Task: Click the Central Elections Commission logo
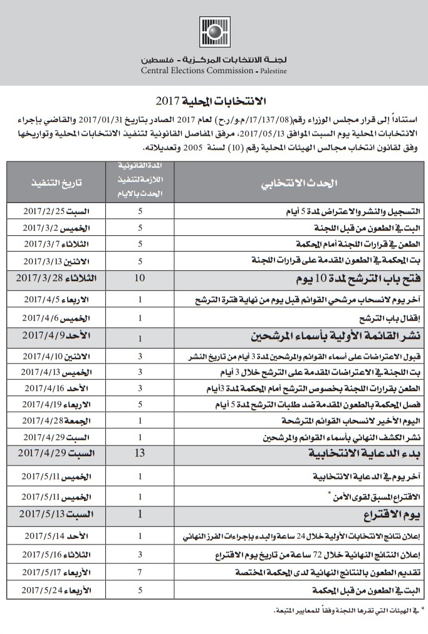[214, 33]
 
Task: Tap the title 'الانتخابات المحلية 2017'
[214, 101]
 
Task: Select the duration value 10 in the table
[140, 277]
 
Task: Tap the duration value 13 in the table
[140, 452]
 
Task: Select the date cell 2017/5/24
[57, 590]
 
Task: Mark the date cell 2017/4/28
[57, 421]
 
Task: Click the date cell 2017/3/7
[57, 243]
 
